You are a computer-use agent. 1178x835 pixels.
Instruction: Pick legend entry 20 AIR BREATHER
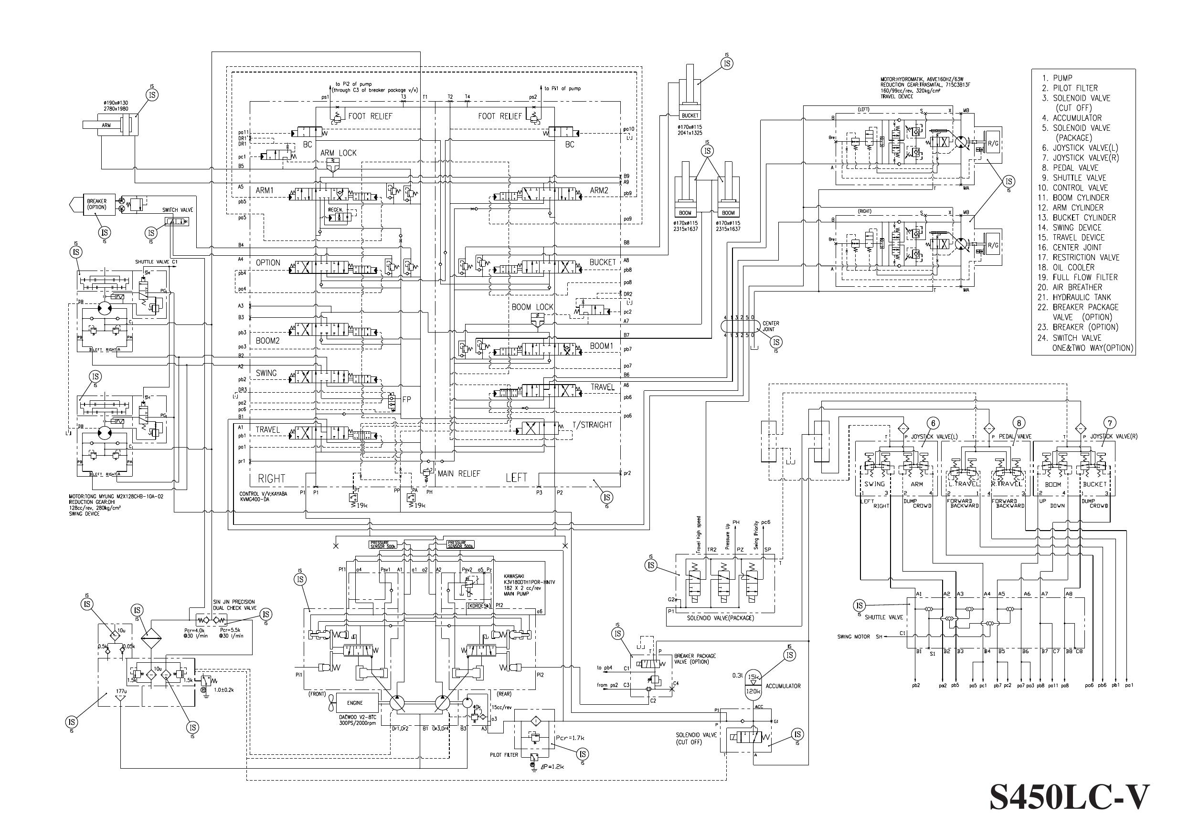click(x=1077, y=287)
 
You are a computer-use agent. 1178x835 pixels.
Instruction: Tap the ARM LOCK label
click(x=338, y=153)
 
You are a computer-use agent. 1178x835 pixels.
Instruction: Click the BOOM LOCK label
click(x=532, y=307)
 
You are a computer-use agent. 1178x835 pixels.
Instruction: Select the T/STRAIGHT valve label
click(x=592, y=425)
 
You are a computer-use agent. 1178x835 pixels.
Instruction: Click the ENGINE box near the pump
click(x=354, y=702)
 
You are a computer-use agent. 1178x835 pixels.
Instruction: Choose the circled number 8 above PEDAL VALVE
click(x=1019, y=423)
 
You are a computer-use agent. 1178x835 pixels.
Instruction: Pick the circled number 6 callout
click(x=933, y=423)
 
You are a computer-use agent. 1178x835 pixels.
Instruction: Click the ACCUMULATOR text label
click(x=783, y=686)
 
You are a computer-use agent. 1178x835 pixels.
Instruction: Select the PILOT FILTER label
click(x=504, y=755)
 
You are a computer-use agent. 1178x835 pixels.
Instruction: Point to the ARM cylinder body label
click(x=106, y=125)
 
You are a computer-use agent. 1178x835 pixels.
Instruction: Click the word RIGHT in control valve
click(x=271, y=479)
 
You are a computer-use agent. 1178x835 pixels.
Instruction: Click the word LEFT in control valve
click(x=516, y=478)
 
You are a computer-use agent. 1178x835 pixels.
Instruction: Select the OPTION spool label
click(x=268, y=263)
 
